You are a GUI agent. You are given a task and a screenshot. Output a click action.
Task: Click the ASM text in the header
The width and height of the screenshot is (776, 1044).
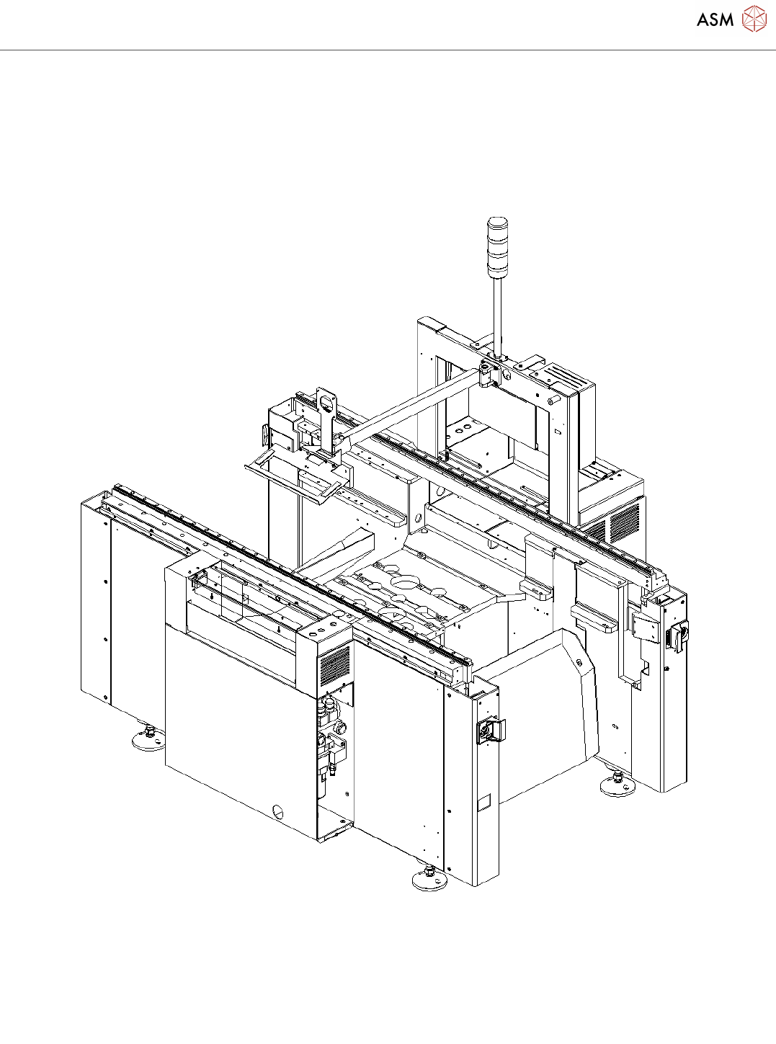[715, 20]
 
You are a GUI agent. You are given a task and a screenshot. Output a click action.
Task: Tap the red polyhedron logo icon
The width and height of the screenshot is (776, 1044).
[754, 19]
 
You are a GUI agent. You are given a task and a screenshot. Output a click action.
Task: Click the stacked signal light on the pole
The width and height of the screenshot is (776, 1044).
[497, 246]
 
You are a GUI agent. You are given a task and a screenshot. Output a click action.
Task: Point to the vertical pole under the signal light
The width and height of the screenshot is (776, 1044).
[497, 316]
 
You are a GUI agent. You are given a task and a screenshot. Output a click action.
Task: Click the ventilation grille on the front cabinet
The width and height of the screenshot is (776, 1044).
[335, 664]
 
